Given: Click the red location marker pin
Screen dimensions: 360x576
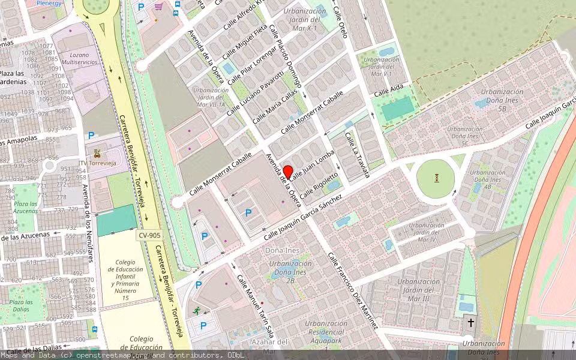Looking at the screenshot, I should [287, 172].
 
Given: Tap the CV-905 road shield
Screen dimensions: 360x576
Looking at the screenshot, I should [149, 236].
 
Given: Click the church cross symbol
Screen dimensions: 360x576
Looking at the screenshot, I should [471, 323].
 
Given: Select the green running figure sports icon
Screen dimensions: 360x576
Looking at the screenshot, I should [196, 311].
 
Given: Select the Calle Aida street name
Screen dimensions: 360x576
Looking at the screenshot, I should [389, 91].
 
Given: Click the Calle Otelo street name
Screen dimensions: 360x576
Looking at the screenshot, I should [340, 24].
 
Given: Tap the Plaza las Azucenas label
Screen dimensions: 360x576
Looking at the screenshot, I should [26, 207].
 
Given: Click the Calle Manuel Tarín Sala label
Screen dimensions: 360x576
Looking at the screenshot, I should [256, 307].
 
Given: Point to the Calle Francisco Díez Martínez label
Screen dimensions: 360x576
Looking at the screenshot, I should [353, 290].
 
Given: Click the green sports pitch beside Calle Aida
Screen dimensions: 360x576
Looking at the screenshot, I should [398, 108].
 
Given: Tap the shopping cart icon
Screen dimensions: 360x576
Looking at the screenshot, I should [158, 7].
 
